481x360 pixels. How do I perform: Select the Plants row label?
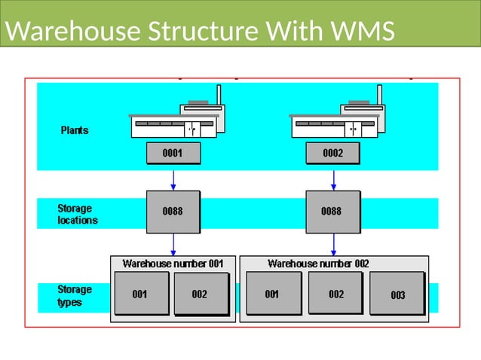[x=75, y=130]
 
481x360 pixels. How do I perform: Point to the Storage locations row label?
[x=78, y=215]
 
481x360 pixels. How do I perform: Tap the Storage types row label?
[x=75, y=296]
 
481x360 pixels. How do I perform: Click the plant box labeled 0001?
[x=173, y=154]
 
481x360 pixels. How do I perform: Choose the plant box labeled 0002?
[x=332, y=154]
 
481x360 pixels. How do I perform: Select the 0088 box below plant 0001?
[x=173, y=212]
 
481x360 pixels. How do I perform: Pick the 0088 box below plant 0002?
[x=332, y=212]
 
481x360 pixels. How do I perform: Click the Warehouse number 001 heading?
[x=173, y=264]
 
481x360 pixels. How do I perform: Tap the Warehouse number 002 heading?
[x=318, y=264]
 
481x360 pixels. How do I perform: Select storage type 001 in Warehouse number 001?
[x=141, y=294]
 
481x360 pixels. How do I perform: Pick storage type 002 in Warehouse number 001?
[x=200, y=294]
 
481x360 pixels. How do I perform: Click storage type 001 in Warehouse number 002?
[x=273, y=294]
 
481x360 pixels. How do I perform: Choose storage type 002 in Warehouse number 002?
[x=336, y=294]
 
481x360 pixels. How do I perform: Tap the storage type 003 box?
[x=397, y=294]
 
